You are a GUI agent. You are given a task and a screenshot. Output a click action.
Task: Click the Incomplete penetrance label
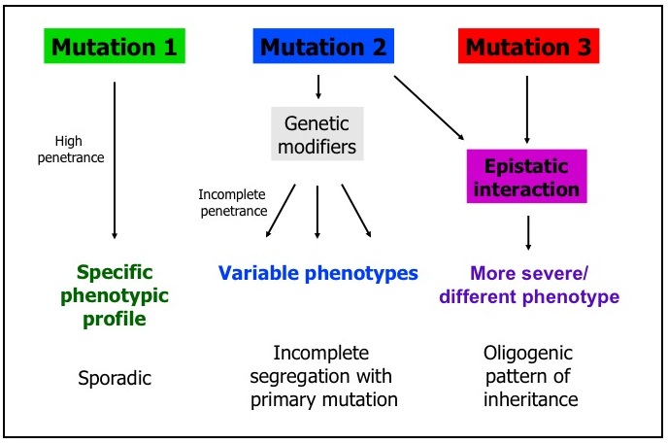coord(232,202)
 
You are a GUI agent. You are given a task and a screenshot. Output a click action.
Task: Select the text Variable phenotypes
coord(317,273)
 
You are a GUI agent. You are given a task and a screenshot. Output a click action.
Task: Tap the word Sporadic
coord(115,378)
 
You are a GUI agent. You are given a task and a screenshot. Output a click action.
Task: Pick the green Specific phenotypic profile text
coord(115,295)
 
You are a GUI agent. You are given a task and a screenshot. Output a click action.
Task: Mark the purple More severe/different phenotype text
coord(528,285)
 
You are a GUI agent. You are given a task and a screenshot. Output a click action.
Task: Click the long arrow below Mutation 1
coord(115,160)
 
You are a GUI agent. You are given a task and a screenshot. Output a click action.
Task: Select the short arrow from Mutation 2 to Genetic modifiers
coord(317,87)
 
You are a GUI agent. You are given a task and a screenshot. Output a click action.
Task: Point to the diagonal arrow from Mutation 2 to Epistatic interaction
coord(429,109)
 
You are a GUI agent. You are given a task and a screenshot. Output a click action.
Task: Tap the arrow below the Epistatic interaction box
coord(527,231)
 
